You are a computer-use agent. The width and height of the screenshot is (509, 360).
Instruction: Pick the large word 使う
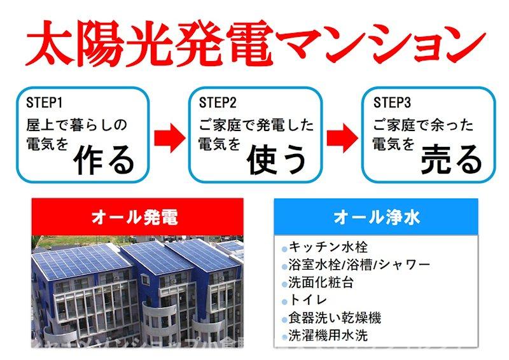277,159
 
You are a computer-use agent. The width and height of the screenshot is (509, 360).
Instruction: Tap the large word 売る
452,159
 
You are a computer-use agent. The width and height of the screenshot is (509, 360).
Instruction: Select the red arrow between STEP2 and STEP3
343,137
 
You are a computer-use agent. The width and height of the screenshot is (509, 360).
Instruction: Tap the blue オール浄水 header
376,217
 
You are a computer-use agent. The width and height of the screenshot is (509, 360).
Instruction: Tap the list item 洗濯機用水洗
328,335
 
